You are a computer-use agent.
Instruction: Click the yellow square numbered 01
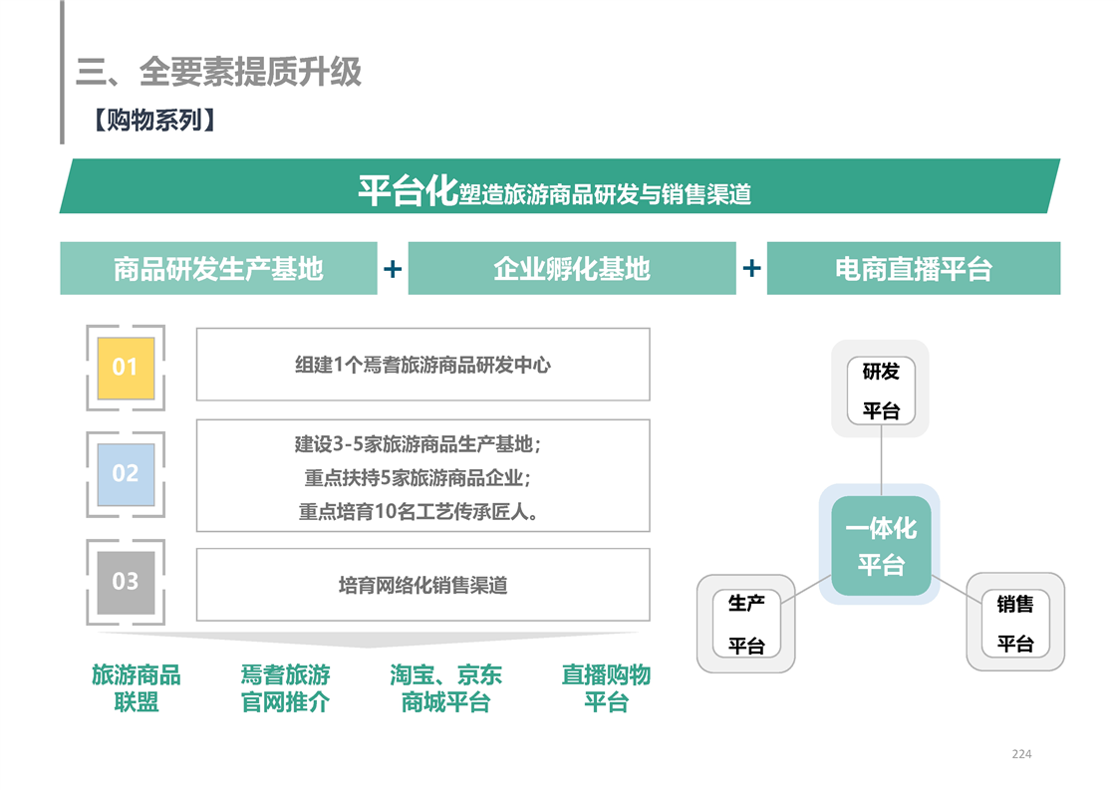coord(126,368)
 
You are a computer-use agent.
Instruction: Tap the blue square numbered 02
coord(126,474)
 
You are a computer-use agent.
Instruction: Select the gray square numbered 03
coord(126,582)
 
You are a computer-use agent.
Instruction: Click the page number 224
coord(1021,753)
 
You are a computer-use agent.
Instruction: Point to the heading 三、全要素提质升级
coord(219,72)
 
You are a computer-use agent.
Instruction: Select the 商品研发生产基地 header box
coord(218,268)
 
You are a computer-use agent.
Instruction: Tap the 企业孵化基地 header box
coord(572,268)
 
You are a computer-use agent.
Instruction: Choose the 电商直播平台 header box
coord(914,268)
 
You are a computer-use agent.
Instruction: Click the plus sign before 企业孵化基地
coord(393,269)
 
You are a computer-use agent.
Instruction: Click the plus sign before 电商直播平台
coord(751,268)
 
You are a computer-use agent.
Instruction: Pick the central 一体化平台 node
coord(881,546)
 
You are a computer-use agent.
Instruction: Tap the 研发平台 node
coord(881,390)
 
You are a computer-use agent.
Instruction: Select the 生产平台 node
coord(746,624)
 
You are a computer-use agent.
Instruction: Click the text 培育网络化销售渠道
coord(422,586)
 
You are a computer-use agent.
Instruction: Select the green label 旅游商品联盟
coord(137,688)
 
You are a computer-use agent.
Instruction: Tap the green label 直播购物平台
coord(606,688)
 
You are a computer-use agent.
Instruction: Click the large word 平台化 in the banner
coord(408,190)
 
